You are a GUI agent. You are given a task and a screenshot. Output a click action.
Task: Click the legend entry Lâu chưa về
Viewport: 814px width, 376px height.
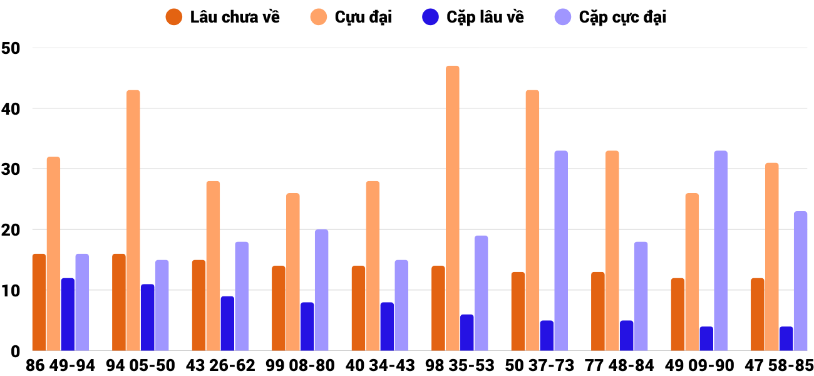pyautogui.click(x=235, y=17)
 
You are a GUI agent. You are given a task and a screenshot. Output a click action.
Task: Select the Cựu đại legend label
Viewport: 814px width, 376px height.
pyautogui.click(x=363, y=17)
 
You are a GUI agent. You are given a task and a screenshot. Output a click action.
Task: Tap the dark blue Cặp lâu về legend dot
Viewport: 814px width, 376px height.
pyautogui.click(x=430, y=17)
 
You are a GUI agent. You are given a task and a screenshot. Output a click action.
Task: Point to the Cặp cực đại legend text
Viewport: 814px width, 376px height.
pyautogui.click(x=622, y=17)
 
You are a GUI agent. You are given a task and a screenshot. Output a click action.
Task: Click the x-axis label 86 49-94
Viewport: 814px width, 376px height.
pyautogui.click(x=60, y=365)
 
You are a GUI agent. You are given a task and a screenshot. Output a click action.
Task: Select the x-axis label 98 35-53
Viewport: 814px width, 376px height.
pyautogui.click(x=460, y=365)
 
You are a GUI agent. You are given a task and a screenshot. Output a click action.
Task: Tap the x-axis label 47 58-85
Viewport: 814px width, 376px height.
pyautogui.click(x=779, y=365)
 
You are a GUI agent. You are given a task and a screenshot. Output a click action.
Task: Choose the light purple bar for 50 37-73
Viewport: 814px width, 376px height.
pyautogui.click(x=561, y=251)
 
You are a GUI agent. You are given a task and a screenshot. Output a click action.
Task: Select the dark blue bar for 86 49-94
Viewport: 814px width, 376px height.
pyautogui.click(x=68, y=315)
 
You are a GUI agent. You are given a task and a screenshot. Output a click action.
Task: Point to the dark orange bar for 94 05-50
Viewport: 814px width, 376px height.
pyautogui.click(x=119, y=302)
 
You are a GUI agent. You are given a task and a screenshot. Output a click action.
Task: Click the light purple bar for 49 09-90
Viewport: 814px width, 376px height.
pyautogui.click(x=721, y=251)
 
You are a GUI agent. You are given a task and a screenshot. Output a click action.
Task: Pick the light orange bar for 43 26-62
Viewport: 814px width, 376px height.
pyautogui.click(x=213, y=266)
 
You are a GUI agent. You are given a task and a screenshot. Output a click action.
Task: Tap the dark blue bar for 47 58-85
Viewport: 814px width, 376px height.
pyautogui.click(x=786, y=338)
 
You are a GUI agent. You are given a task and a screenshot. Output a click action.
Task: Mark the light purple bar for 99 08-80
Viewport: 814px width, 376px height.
pyautogui.click(x=321, y=290)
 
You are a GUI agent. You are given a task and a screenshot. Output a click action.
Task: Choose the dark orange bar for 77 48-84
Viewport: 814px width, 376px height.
pyautogui.click(x=598, y=311)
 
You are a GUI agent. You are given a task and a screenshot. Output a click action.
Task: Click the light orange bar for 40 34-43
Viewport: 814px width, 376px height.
pyautogui.click(x=373, y=266)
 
